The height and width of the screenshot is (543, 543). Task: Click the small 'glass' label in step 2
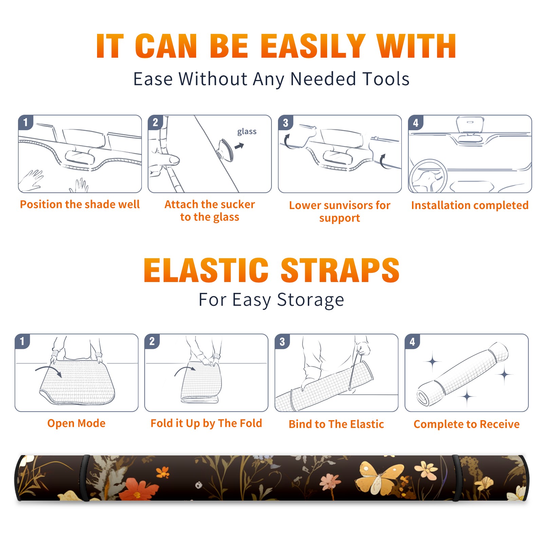point(247,132)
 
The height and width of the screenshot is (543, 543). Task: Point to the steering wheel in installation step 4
point(428,176)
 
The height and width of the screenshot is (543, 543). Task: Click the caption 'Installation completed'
point(470,205)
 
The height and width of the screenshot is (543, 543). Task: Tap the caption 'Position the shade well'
point(80,204)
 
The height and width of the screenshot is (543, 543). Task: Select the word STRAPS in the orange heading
point(340,270)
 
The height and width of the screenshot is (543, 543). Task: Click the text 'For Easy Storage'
point(271,300)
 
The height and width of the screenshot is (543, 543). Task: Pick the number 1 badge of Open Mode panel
point(22,341)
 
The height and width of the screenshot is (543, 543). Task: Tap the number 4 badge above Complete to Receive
point(412,341)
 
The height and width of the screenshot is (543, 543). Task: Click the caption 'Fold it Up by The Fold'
point(206,423)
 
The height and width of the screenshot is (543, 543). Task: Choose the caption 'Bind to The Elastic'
point(336,424)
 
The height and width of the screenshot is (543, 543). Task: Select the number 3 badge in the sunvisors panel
point(285,123)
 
